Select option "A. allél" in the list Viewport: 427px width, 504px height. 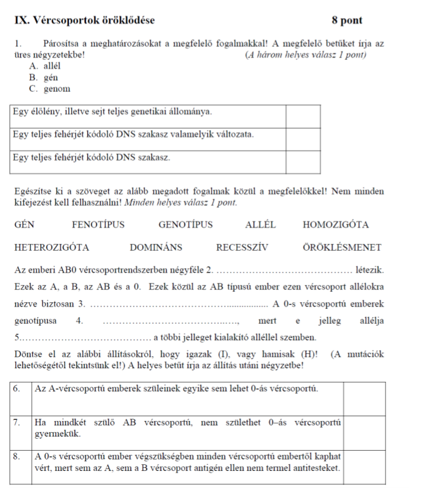pyautogui.click(x=49, y=66)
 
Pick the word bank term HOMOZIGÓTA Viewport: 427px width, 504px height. pyautogui.click(x=336, y=225)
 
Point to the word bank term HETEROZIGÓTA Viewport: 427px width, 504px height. pyautogui.click(x=52, y=247)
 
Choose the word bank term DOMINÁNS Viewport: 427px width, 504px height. pyautogui.click(x=156, y=247)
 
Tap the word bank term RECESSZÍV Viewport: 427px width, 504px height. pyautogui.click(x=244, y=247)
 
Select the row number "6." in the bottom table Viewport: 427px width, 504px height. pyautogui.click(x=19, y=390)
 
